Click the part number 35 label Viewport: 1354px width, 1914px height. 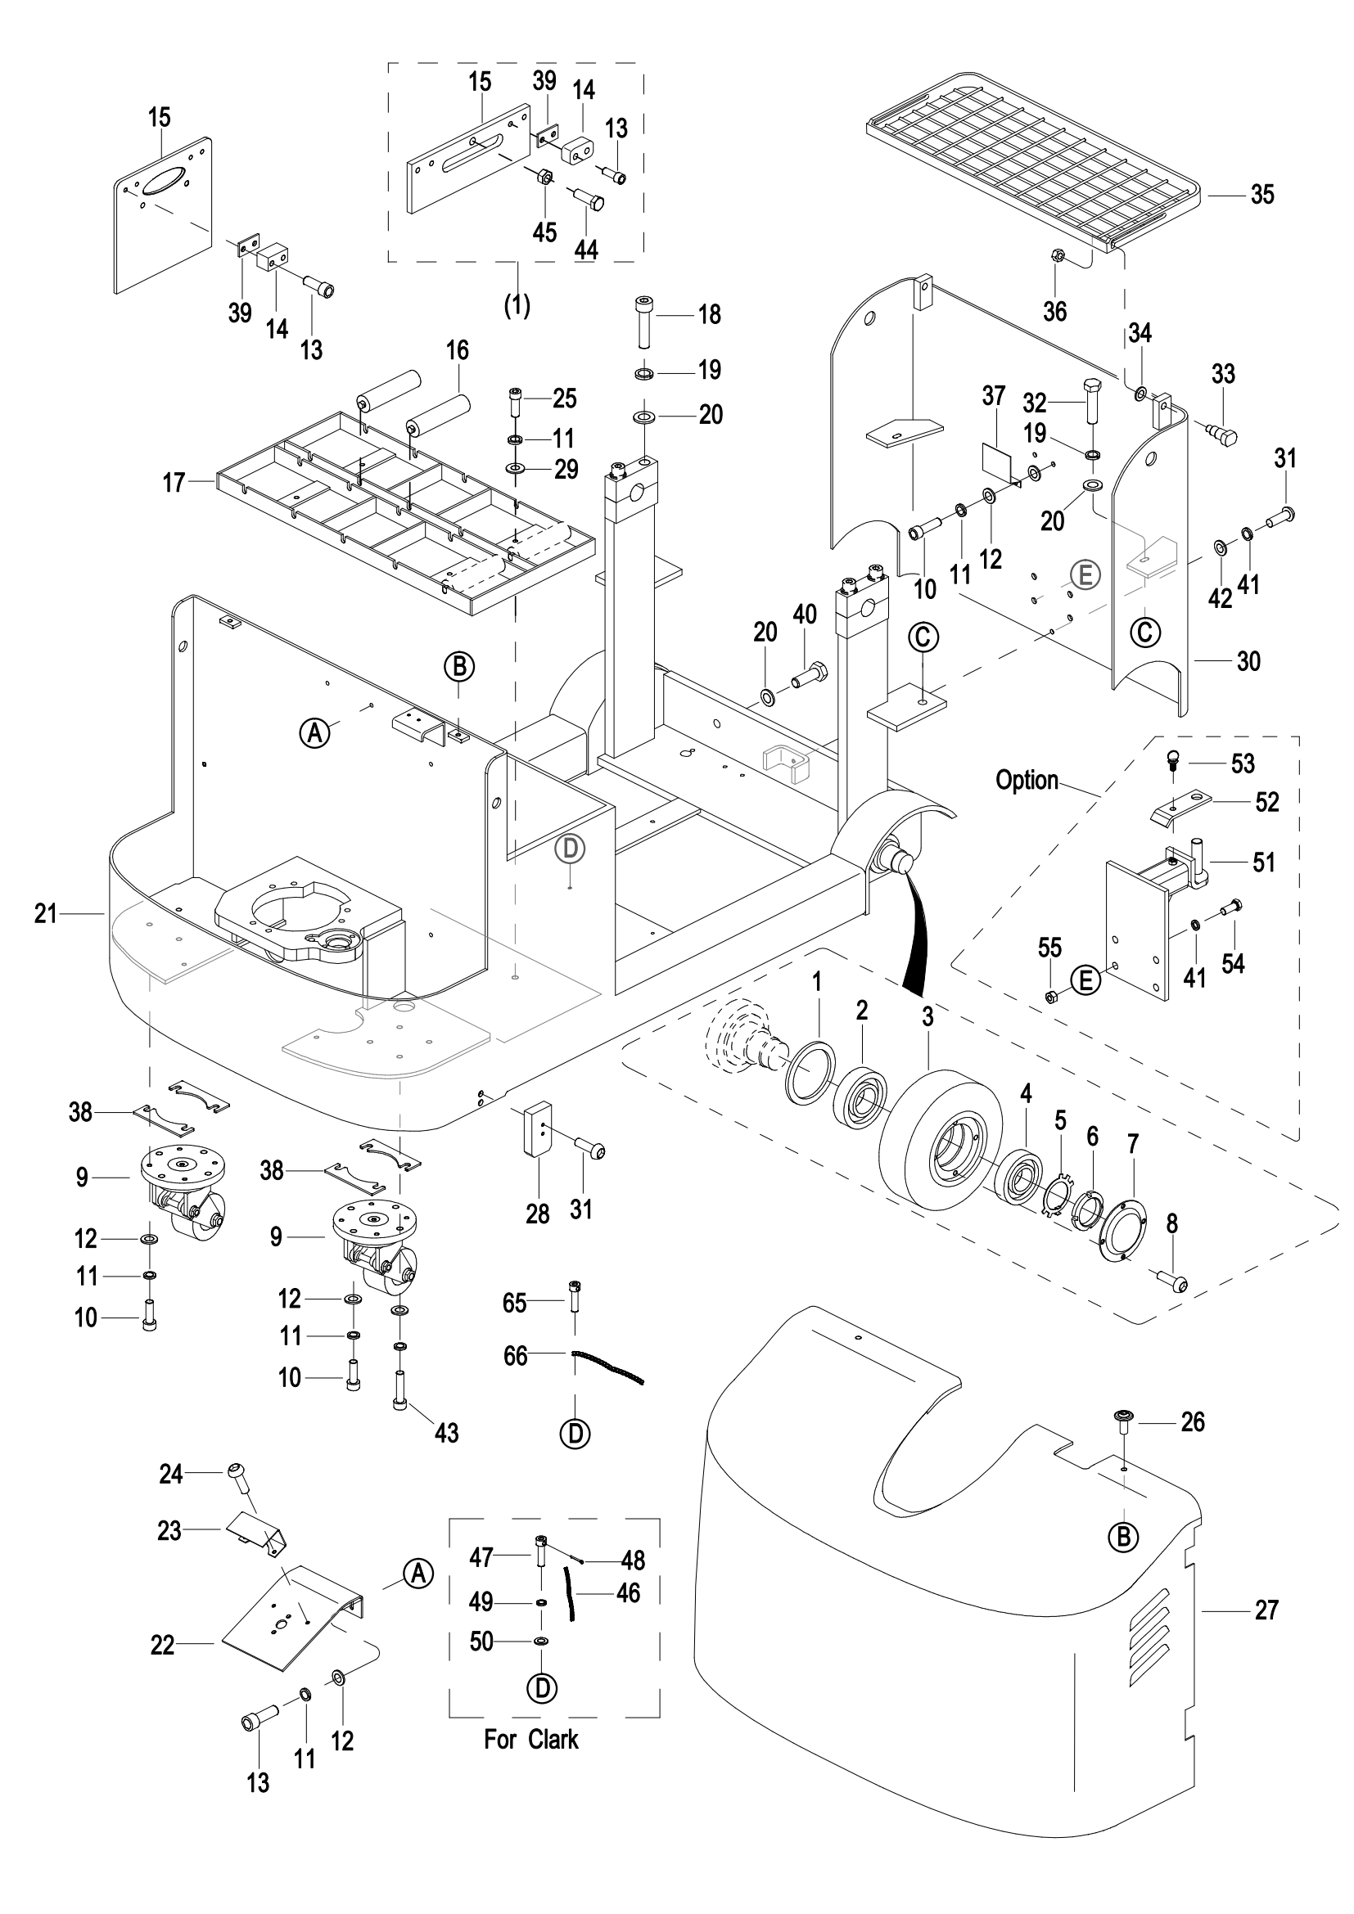pyautogui.click(x=1262, y=194)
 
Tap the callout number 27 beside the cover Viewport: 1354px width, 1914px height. pyautogui.click(x=1266, y=1610)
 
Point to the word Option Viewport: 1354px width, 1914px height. pyautogui.click(x=1027, y=781)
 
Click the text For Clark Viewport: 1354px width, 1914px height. pyautogui.click(x=531, y=1740)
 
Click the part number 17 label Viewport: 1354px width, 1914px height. pyautogui.click(x=174, y=483)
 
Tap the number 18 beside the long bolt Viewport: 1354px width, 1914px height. pyautogui.click(x=710, y=314)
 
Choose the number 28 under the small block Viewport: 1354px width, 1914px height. pyautogui.click(x=538, y=1214)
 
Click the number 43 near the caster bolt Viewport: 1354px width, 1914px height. pyautogui.click(x=447, y=1433)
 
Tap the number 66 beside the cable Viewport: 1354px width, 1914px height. pyautogui.click(x=515, y=1356)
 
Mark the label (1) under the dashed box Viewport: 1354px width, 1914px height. pyautogui.click(x=517, y=305)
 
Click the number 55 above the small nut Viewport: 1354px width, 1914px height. pyautogui.click(x=1049, y=948)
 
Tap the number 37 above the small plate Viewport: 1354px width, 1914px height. pyautogui.click(x=993, y=395)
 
